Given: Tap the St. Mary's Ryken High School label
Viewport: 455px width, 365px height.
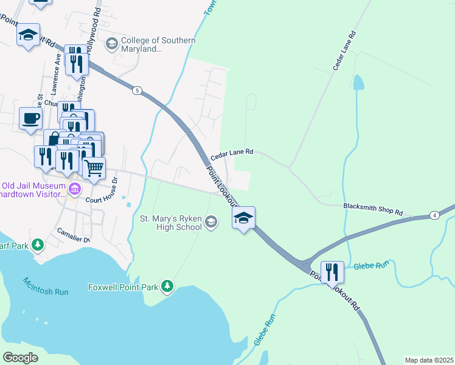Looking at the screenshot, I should (171, 223).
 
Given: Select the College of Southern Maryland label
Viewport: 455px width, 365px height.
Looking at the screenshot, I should (158, 44).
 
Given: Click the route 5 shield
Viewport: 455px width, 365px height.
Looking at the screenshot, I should (137, 91).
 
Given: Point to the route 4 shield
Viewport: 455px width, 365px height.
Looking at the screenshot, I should (434, 215).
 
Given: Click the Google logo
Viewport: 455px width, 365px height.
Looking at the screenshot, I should (20, 358).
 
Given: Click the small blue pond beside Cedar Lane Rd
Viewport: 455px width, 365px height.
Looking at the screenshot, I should (358, 82).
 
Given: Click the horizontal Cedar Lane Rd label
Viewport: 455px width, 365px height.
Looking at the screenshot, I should (232, 156).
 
